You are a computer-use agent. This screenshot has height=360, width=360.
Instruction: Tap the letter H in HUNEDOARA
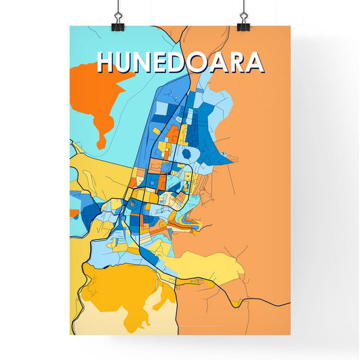coord(107,62)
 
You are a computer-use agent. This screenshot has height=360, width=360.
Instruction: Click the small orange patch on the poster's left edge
coord(73,213)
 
